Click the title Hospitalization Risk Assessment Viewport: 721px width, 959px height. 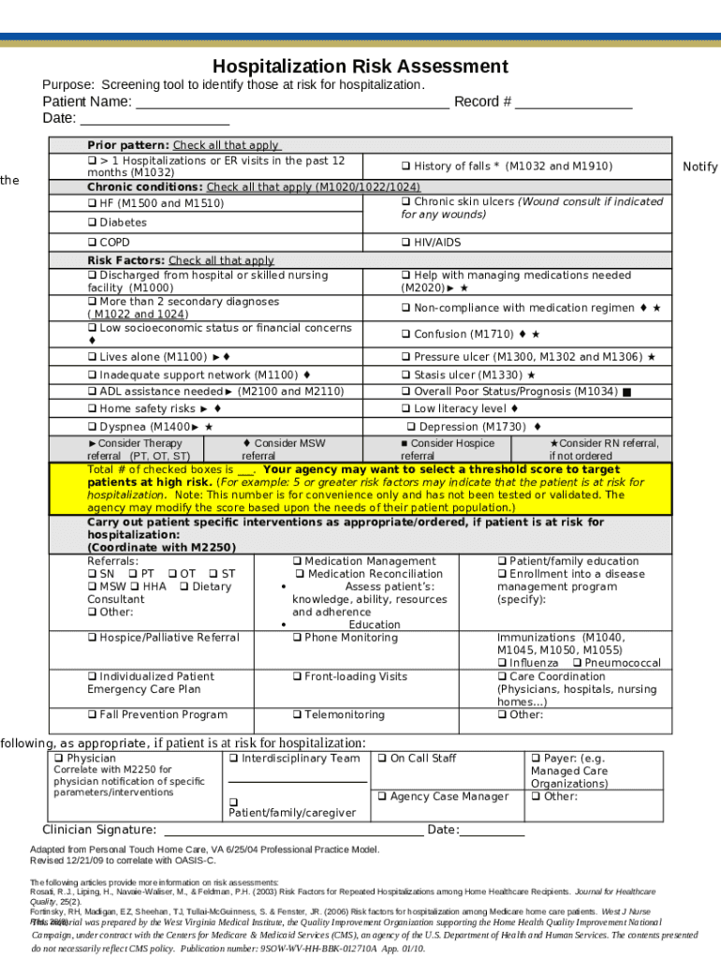point(360,66)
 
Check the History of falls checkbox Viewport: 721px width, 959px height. point(406,167)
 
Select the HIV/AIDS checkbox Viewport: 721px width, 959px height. point(406,243)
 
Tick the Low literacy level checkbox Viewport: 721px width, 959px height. point(406,409)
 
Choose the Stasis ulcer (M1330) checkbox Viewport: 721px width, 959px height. point(406,376)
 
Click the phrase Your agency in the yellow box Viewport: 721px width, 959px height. point(301,469)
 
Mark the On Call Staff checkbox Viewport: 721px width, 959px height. point(382,759)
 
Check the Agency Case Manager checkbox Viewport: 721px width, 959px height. point(382,797)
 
